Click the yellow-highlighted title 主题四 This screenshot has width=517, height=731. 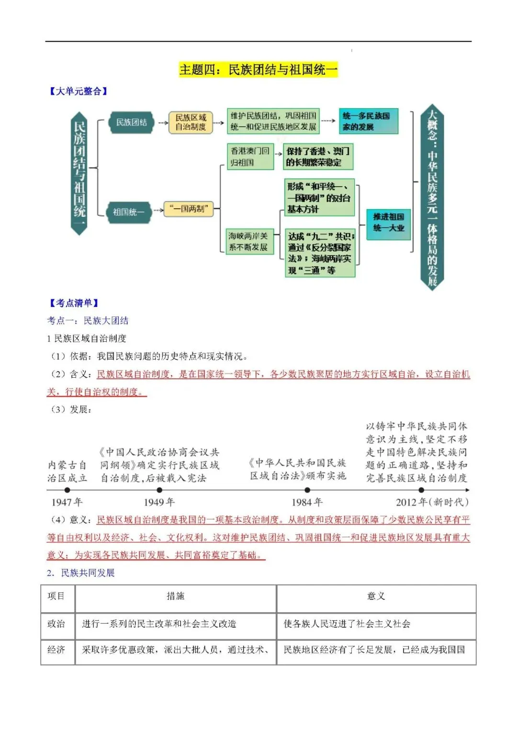(x=258, y=70)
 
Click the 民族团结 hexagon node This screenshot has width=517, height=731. (x=131, y=123)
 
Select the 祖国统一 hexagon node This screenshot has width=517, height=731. (x=128, y=212)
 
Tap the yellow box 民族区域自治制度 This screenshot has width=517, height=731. (x=190, y=122)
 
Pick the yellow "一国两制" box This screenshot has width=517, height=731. (x=189, y=209)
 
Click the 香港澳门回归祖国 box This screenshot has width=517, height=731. (x=250, y=157)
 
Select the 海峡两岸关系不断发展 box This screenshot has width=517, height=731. (x=249, y=241)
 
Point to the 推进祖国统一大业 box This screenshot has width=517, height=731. (x=389, y=223)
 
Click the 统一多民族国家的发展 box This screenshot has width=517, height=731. (x=368, y=122)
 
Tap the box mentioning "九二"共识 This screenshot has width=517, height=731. (x=320, y=253)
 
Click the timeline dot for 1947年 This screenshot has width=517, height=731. (x=67, y=490)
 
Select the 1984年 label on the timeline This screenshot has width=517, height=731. (x=307, y=502)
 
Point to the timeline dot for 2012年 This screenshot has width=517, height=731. (x=421, y=490)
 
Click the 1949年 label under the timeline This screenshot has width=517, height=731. (x=159, y=502)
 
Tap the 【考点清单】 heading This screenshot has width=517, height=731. (x=74, y=303)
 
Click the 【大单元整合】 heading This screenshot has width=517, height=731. (x=78, y=91)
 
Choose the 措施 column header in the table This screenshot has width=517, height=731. (x=175, y=596)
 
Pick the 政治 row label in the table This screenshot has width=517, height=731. (x=56, y=624)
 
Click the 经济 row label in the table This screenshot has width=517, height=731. (x=56, y=650)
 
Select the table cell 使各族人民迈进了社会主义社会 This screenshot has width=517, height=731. (x=347, y=624)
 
